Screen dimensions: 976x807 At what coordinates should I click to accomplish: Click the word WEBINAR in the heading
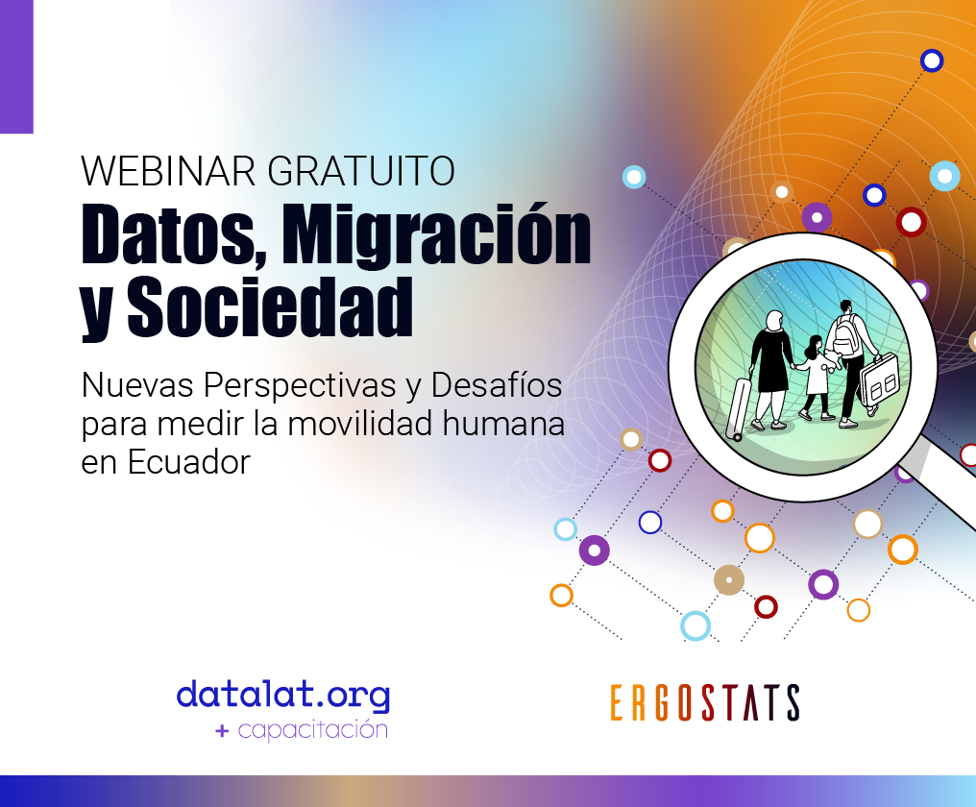pyautogui.click(x=168, y=171)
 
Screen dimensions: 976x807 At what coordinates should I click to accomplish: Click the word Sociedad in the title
pyautogui.click(x=270, y=307)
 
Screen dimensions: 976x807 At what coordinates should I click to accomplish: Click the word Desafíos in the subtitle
pyautogui.click(x=496, y=385)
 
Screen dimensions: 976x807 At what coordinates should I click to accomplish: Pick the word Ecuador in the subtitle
pyautogui.click(x=188, y=462)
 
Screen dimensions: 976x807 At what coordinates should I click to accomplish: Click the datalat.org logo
pyautogui.click(x=283, y=696)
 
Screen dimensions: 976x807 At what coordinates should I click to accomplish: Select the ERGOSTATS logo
pyautogui.click(x=705, y=702)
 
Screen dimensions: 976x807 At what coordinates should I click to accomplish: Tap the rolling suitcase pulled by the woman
pyautogui.click(x=739, y=409)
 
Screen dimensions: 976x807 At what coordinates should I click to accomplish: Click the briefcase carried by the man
pyautogui.click(x=879, y=379)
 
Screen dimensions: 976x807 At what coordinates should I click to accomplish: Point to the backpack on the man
pyautogui.click(x=844, y=336)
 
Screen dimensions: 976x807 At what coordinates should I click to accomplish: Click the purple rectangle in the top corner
pyautogui.click(x=16, y=66)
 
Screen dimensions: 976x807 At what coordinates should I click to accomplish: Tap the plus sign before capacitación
pyautogui.click(x=222, y=730)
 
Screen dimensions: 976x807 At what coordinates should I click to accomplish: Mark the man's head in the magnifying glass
pyautogui.click(x=845, y=307)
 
